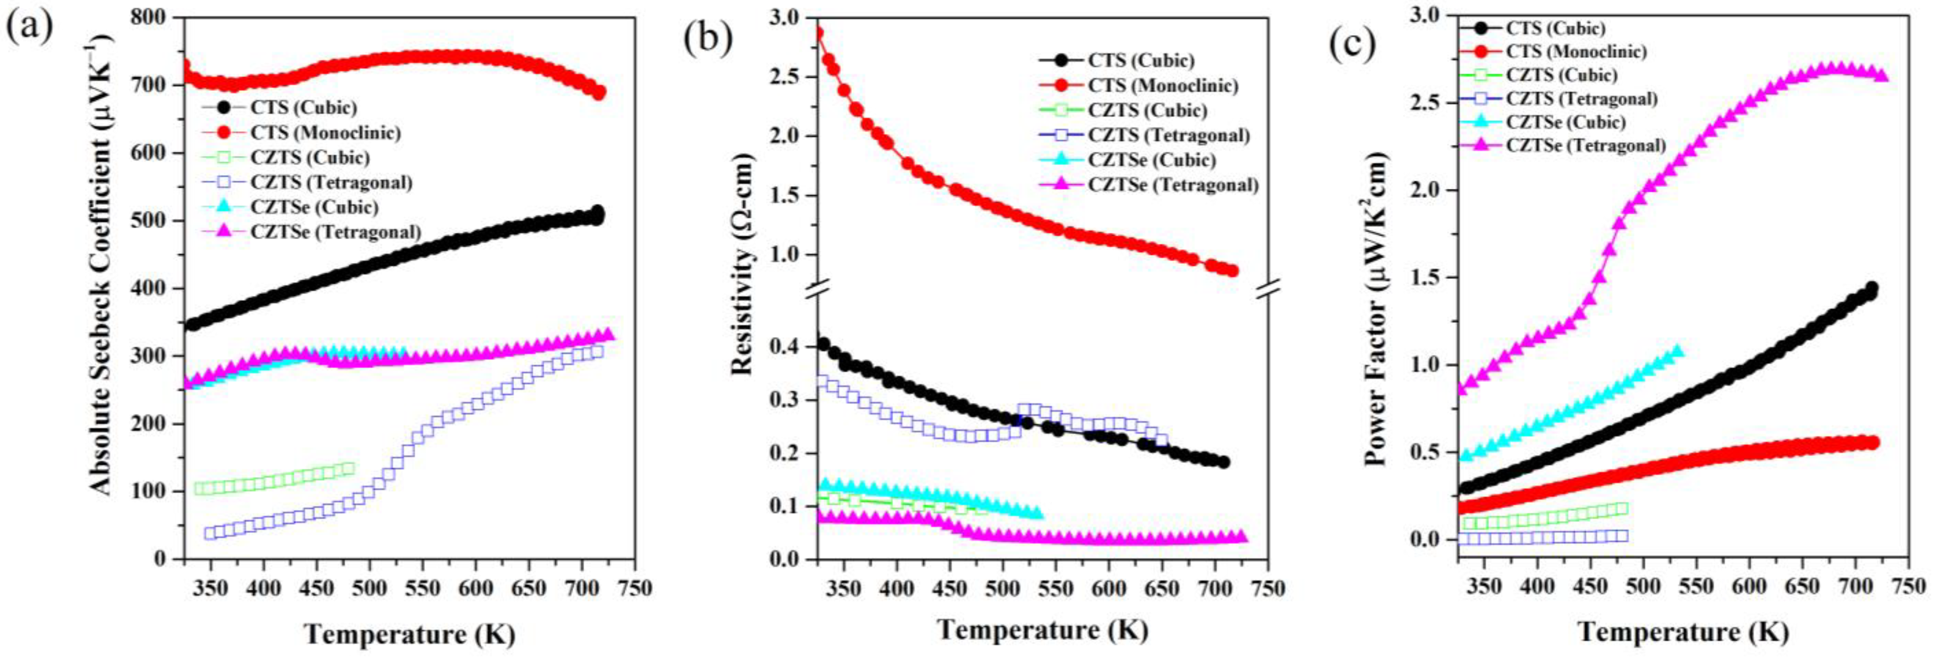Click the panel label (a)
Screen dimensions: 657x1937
pos(30,28)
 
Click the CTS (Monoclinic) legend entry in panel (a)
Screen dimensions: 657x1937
pos(325,132)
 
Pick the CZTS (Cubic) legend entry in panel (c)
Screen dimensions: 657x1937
pos(1561,75)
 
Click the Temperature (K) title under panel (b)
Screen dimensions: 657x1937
pos(1042,630)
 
